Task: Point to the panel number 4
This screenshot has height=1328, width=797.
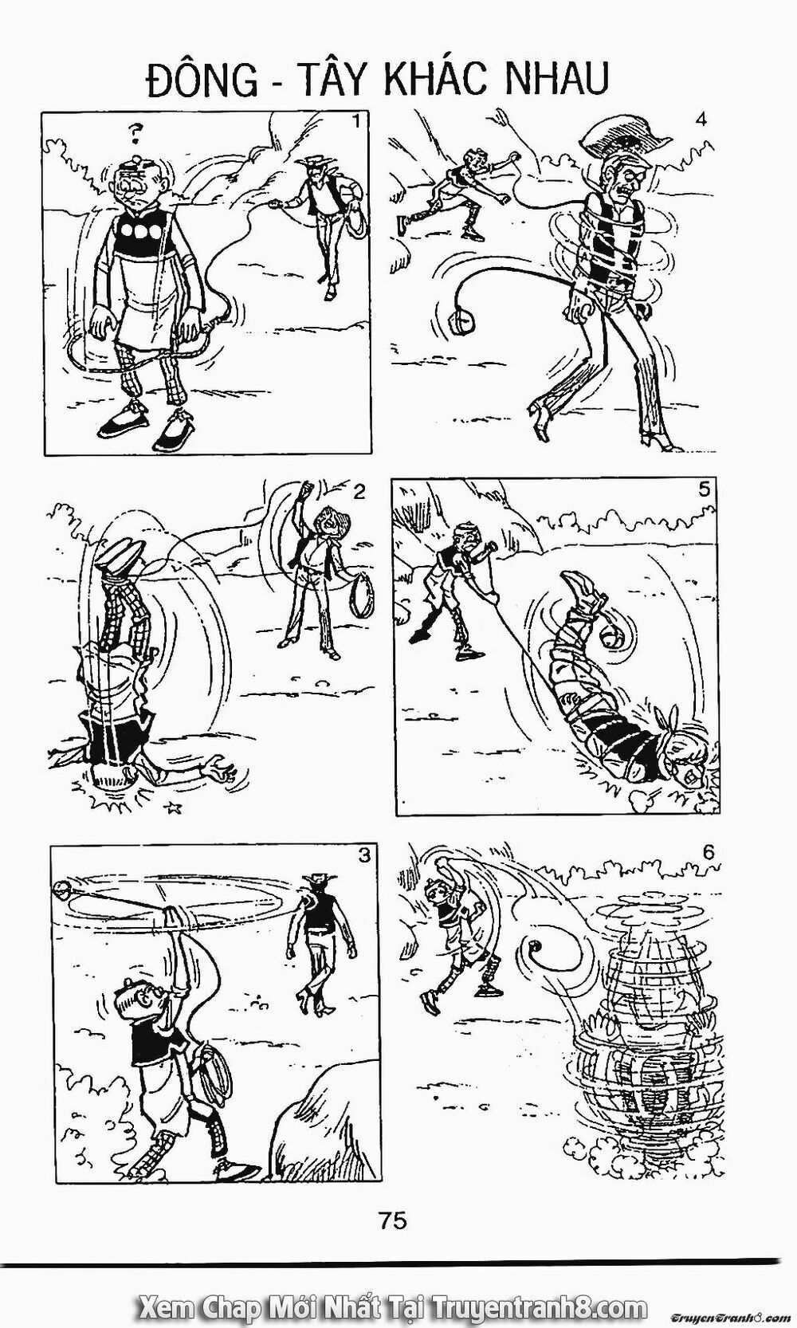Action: click(x=701, y=120)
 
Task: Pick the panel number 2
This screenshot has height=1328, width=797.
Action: click(x=359, y=491)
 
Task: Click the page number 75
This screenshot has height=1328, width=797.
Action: click(x=395, y=1220)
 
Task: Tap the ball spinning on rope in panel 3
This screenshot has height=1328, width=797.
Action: click(x=62, y=886)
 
